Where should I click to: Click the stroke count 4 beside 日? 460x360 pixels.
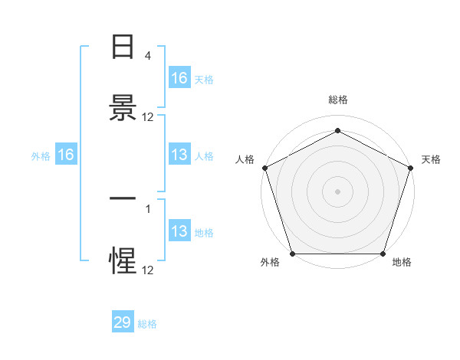pyautogui.click(x=147, y=57)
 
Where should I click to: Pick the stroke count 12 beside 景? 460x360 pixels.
pyautogui.click(x=148, y=117)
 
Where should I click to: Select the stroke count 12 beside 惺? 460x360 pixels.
pyautogui.click(x=148, y=269)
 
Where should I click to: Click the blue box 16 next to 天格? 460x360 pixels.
pyautogui.click(x=179, y=78)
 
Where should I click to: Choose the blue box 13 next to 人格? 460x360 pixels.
pyautogui.click(x=179, y=155)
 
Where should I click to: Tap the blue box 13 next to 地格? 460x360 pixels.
pyautogui.click(x=179, y=231)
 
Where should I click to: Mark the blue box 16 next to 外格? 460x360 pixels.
pyautogui.click(x=66, y=155)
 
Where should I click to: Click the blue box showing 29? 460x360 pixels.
pyautogui.click(x=123, y=322)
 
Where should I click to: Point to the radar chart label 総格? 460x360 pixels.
pyautogui.click(x=337, y=100)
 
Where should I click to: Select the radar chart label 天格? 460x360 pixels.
pyautogui.click(x=431, y=159)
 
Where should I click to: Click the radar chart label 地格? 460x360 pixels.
pyautogui.click(x=402, y=263)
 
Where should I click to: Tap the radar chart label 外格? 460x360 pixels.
pyautogui.click(x=270, y=263)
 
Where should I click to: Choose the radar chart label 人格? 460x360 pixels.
pyautogui.click(x=245, y=159)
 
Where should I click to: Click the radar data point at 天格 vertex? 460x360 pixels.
pyautogui.click(x=410, y=168)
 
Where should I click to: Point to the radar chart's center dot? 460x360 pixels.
pyautogui.click(x=337, y=191)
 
